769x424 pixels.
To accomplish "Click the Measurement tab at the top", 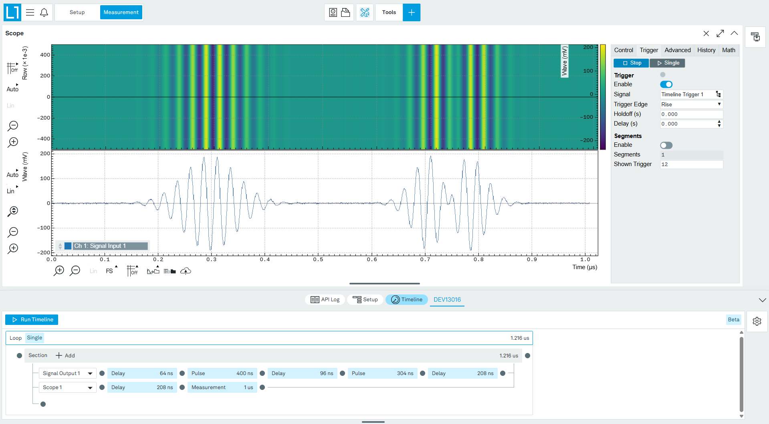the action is coord(121,12).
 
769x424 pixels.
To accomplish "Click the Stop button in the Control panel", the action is coord(631,63).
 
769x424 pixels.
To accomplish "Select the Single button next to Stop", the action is coord(668,63).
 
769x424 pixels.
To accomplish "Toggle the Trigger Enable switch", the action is coord(666,84).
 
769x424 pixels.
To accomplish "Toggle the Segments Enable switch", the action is coord(666,145).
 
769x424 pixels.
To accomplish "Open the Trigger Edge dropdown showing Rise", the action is coord(691,104).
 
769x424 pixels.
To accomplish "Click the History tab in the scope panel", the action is coord(706,50).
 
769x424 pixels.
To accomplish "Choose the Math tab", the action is coord(729,50).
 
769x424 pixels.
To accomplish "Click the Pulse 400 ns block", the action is coord(222,373).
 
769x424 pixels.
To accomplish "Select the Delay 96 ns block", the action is coord(302,373).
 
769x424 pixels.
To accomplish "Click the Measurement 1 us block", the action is coord(222,387).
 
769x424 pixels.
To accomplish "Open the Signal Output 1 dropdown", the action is coord(67,373).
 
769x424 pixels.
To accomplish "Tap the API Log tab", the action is coord(325,300).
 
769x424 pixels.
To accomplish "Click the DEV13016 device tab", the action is coord(447,300).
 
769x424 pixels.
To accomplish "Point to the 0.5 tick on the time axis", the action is coord(318,260).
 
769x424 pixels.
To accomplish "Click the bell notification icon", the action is coord(44,12).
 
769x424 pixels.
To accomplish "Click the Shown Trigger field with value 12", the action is coord(691,164).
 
